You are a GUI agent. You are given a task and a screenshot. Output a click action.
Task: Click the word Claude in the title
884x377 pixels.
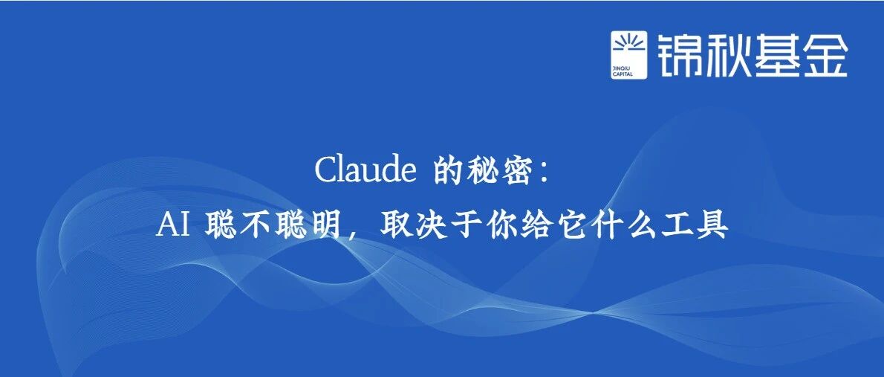coord(365,170)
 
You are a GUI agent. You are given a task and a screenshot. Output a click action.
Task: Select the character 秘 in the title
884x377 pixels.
coord(482,170)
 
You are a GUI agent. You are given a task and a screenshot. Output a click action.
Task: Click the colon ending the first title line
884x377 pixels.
coord(544,172)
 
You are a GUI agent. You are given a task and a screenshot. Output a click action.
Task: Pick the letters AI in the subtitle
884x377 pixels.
coord(173,226)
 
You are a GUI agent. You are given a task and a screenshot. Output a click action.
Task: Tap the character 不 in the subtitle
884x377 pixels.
coord(255,226)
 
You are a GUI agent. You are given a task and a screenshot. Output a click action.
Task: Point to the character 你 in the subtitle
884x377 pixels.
coord(503,226)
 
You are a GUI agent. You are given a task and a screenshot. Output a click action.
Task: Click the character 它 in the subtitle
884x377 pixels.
coord(574,226)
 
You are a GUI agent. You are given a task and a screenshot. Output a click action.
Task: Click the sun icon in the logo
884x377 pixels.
coord(629,45)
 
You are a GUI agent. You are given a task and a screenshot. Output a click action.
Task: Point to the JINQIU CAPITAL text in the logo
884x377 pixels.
coord(623,71)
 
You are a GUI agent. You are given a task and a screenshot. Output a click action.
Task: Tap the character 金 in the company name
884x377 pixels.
coord(824,55)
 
